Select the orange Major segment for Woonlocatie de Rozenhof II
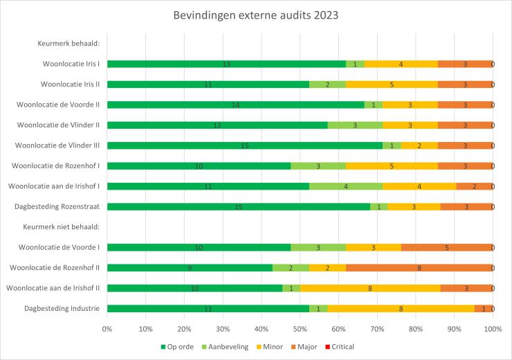(419, 268)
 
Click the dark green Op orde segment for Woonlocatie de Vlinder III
(245, 145)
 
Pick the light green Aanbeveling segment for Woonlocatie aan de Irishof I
(346, 186)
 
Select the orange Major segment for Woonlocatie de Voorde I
(447, 247)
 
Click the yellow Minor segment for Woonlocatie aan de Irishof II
(370, 288)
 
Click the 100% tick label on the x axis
(492, 330)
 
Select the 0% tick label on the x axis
(108, 330)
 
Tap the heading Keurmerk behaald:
(68, 44)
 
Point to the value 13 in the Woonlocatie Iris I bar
(226, 64)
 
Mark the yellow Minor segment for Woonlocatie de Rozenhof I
(392, 166)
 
